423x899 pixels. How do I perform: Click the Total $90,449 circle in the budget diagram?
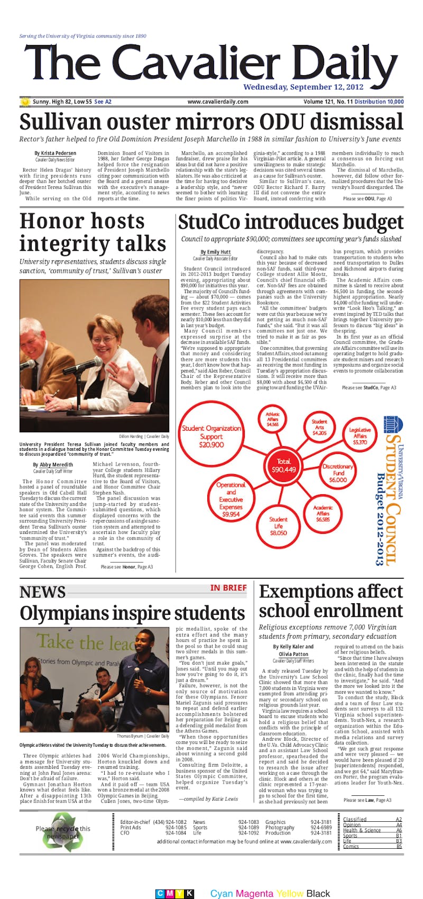(283, 466)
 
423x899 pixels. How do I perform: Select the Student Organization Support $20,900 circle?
(212, 437)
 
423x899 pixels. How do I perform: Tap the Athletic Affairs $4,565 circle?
(273, 420)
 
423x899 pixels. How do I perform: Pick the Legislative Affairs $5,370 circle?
(360, 435)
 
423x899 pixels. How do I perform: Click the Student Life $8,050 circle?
(279, 526)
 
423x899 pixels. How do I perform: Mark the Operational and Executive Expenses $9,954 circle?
(231, 499)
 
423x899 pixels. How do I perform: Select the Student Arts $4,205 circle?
(319, 427)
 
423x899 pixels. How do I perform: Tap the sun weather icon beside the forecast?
(25, 102)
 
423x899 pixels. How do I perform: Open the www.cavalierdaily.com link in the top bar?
(217, 102)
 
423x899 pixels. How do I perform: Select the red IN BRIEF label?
(228, 588)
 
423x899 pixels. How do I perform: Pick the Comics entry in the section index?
(351, 846)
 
